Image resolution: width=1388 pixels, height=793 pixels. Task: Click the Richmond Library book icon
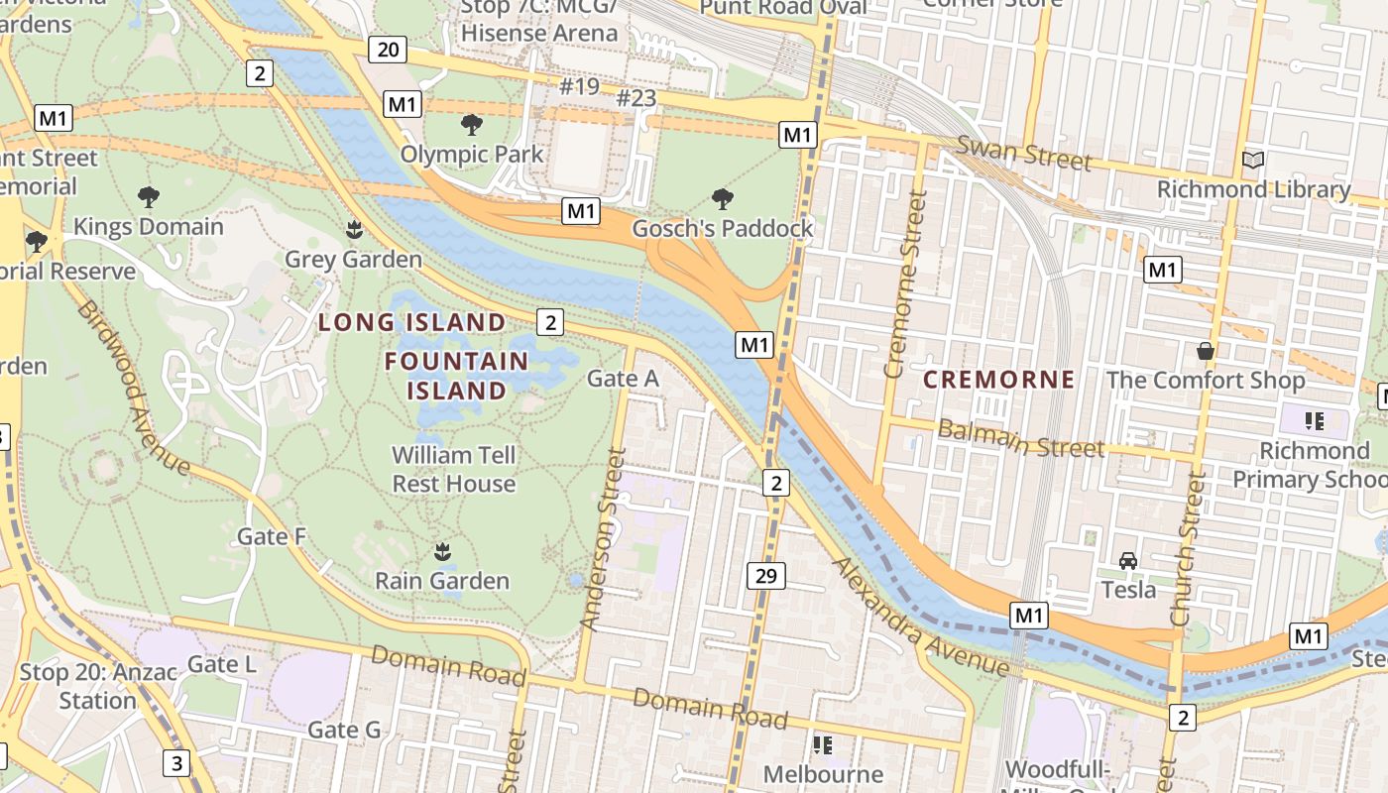click(x=1253, y=160)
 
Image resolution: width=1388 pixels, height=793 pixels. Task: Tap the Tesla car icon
click(x=1128, y=561)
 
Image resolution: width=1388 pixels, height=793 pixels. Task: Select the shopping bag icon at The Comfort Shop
click(x=1206, y=351)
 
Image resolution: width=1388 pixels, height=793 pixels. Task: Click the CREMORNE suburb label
click(x=999, y=380)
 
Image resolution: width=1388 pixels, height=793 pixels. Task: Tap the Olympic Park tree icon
click(x=472, y=125)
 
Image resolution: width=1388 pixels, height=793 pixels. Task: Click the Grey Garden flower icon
click(x=354, y=231)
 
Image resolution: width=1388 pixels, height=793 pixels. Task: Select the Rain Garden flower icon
click(x=442, y=551)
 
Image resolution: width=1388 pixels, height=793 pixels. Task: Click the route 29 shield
click(x=766, y=576)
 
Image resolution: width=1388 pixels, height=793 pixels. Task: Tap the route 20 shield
click(x=388, y=50)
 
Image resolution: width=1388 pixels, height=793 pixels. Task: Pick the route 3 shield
click(x=176, y=762)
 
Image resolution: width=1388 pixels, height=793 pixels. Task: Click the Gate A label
click(x=623, y=378)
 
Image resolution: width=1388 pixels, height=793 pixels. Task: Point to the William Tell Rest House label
click(x=454, y=469)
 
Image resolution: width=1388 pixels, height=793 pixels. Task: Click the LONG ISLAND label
click(x=412, y=322)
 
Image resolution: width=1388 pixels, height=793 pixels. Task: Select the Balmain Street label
click(x=1020, y=439)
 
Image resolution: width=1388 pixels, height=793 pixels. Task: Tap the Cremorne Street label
click(x=904, y=285)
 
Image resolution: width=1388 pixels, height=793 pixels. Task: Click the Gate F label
click(x=272, y=537)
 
